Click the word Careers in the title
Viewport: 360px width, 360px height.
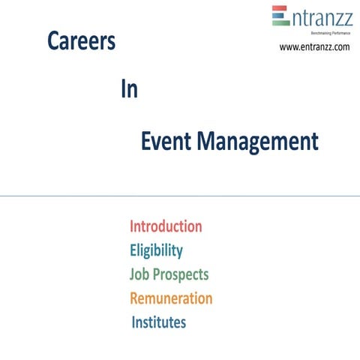click(81, 41)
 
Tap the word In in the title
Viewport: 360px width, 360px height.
click(128, 90)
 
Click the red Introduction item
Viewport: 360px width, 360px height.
click(166, 226)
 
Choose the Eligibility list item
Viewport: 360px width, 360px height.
click(156, 250)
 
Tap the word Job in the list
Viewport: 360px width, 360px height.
click(140, 274)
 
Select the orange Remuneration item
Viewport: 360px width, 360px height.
click(171, 298)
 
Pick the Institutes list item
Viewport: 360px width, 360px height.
click(159, 322)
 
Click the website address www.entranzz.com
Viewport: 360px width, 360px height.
click(314, 47)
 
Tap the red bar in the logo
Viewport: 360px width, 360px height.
click(280, 9)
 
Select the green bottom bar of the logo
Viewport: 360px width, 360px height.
click(280, 22)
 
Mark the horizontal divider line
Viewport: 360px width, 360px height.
click(180, 196)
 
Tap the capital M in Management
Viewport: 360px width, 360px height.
click(212, 141)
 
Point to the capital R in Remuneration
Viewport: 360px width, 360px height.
click(135, 298)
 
